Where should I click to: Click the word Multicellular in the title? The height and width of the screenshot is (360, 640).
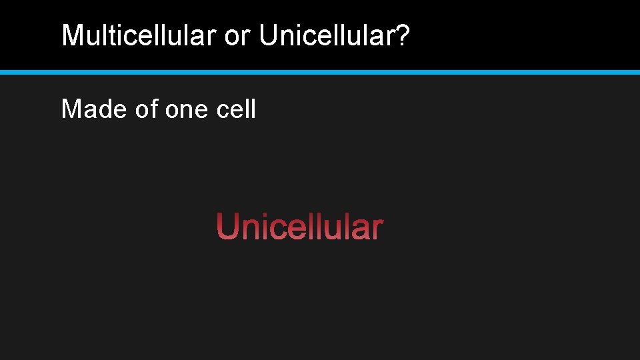(139, 36)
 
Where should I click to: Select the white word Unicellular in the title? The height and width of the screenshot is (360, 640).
(329, 36)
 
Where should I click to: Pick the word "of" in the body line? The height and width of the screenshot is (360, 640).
(146, 108)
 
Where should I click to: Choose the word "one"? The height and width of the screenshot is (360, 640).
(187, 109)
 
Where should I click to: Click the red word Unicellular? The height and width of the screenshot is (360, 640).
(299, 227)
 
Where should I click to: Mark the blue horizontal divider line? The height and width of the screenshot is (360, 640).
(320, 71)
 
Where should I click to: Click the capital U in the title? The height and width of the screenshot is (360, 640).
(268, 36)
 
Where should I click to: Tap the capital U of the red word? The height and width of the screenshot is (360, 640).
(227, 227)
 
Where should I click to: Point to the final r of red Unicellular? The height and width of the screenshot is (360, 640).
(378, 230)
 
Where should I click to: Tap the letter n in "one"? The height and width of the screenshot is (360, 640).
(187, 110)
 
